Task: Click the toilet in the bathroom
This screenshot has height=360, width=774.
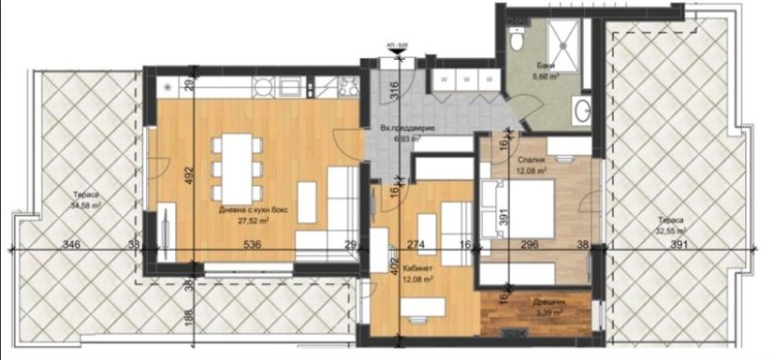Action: coord(518,42)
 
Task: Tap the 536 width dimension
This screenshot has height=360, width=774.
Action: coord(253,245)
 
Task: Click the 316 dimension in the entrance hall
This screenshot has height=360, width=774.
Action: coord(394,93)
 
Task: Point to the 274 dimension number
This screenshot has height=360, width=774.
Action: coord(417,245)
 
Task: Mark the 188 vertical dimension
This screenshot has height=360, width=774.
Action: coord(190,314)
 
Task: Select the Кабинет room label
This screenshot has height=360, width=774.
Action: coord(418,267)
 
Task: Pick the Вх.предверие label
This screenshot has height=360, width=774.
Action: coord(407,129)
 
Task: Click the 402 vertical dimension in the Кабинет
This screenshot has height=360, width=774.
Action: coord(394,264)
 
